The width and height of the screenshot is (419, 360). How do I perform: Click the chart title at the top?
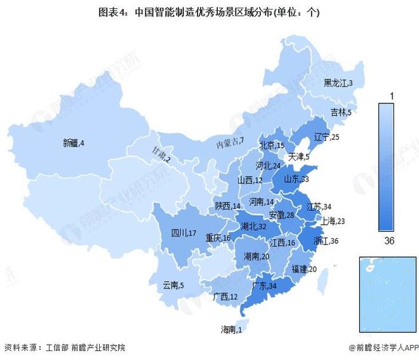(x=209, y=12)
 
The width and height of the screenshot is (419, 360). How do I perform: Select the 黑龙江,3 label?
(x=338, y=83)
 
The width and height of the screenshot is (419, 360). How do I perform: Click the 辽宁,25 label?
(x=327, y=137)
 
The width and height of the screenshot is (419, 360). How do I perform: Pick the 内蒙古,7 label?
(x=229, y=142)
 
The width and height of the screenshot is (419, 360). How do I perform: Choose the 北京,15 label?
(x=272, y=146)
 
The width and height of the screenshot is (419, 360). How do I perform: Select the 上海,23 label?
(x=333, y=221)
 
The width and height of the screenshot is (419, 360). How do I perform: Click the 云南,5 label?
(x=173, y=285)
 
